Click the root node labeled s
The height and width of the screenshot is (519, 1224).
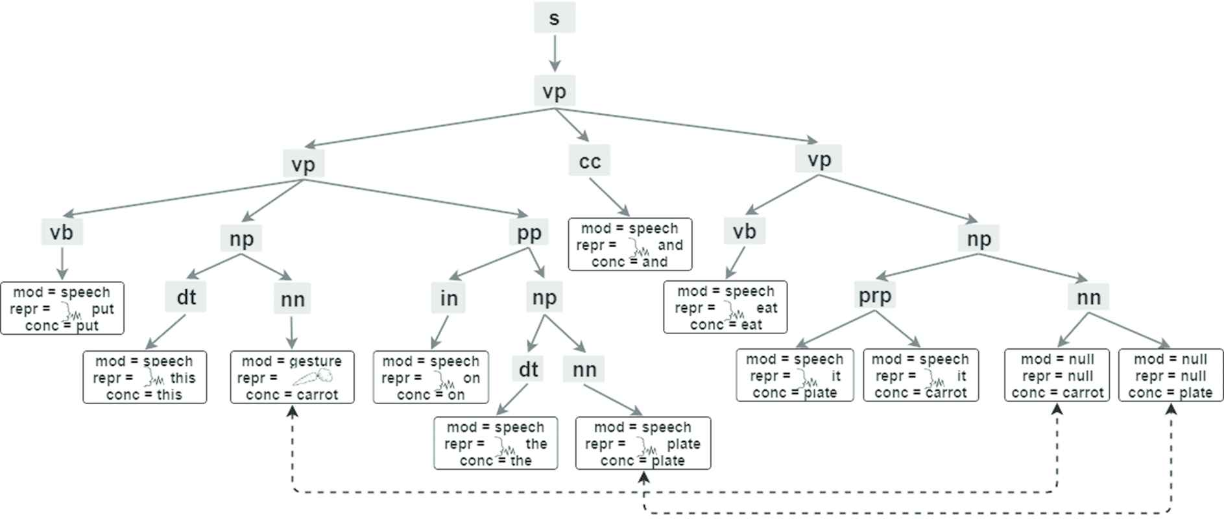[x=554, y=18]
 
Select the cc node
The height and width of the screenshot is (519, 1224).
[x=590, y=161]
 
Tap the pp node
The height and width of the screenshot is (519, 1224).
[x=529, y=232]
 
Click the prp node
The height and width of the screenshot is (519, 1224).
[x=874, y=295]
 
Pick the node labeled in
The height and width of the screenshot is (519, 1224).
[x=449, y=298]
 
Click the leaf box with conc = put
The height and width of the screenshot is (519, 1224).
[x=62, y=308]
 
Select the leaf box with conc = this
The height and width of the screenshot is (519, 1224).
[x=145, y=378]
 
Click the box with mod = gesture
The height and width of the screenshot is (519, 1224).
[x=293, y=378]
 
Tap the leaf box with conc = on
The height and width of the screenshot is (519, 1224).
[x=431, y=378]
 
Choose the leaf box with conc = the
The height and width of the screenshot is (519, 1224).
[x=496, y=443]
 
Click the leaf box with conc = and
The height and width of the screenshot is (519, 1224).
[x=630, y=245]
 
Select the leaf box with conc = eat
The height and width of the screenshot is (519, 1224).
[x=725, y=307]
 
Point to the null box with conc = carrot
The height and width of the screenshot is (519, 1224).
[x=1058, y=376]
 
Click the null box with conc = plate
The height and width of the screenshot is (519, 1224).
[x=1170, y=376]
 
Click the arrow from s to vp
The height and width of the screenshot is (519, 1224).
[x=554, y=53]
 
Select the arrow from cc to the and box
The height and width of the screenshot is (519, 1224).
[x=609, y=197]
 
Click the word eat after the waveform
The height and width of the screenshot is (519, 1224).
[x=767, y=308]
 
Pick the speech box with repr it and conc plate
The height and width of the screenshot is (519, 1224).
[x=795, y=376]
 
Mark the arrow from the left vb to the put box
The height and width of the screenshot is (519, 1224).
[x=62, y=263]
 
